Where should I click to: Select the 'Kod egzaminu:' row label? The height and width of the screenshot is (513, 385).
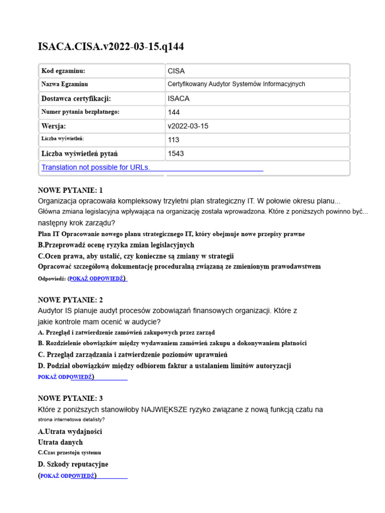click(x=63, y=71)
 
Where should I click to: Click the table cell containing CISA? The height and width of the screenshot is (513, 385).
click(x=176, y=71)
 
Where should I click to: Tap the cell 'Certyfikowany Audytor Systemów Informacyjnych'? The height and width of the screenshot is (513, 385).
click(x=236, y=84)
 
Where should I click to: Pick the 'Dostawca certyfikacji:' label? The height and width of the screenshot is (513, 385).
click(x=76, y=99)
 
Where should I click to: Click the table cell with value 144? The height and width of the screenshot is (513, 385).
click(x=174, y=112)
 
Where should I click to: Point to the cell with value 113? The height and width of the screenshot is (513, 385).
click(x=173, y=140)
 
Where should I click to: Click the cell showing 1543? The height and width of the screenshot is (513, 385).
click(x=175, y=153)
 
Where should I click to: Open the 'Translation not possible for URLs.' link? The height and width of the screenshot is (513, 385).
click(x=96, y=167)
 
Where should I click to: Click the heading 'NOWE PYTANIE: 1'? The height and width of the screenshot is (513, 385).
click(x=70, y=190)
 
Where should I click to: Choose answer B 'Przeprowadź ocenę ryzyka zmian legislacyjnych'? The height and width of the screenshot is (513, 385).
click(x=116, y=245)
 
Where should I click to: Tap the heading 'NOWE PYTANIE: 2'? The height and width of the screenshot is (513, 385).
click(x=70, y=300)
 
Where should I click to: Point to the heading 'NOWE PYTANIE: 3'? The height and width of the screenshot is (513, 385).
click(x=70, y=398)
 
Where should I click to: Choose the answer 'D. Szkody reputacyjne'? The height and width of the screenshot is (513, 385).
click(x=73, y=464)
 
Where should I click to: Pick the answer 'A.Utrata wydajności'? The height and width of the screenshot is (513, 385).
click(x=70, y=431)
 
